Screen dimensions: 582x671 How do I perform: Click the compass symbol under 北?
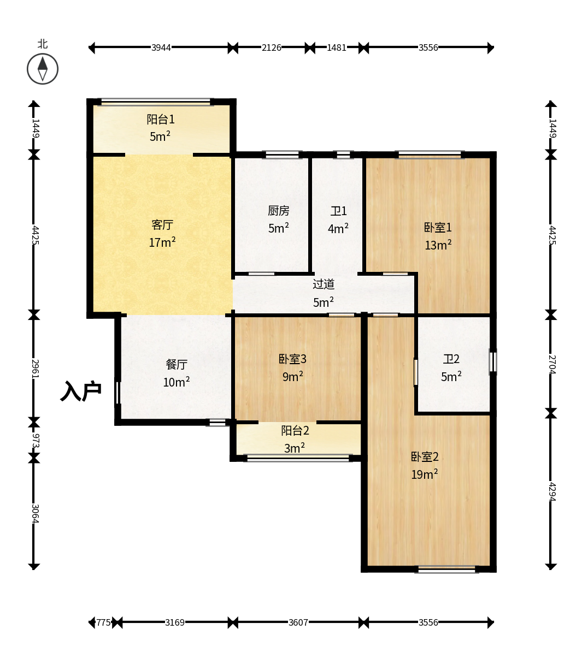pyautogui.click(x=43, y=69)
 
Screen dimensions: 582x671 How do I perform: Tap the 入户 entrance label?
pyautogui.click(x=81, y=391)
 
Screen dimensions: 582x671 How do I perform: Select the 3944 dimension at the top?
pyautogui.click(x=161, y=47)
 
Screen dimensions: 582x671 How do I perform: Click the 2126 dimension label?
pyautogui.click(x=272, y=47)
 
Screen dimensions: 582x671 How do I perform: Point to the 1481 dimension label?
pyautogui.click(x=336, y=47)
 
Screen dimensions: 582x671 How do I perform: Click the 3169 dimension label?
pyautogui.click(x=175, y=622)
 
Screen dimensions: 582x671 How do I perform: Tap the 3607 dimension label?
pyautogui.click(x=298, y=622)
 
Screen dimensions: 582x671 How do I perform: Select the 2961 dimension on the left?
pyautogui.click(x=36, y=369)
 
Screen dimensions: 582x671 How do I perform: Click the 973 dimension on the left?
pyautogui.click(x=36, y=441)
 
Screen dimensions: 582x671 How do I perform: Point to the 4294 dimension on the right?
pyautogui.click(x=552, y=492)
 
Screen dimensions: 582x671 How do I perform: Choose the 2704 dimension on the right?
pyautogui.click(x=552, y=364)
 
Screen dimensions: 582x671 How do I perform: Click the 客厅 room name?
pyautogui.click(x=162, y=224)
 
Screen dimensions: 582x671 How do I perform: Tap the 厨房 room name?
pyautogui.click(x=279, y=211)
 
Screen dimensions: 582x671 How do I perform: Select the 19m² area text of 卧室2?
pyautogui.click(x=425, y=474)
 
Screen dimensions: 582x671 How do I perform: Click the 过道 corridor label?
pyautogui.click(x=324, y=284)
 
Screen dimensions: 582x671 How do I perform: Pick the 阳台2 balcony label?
pyautogui.click(x=295, y=430)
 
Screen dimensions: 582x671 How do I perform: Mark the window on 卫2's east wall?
pyautogui.click(x=493, y=361)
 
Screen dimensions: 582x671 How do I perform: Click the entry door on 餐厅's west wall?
pyautogui.click(x=117, y=393)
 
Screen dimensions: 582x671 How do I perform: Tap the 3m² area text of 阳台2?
pyautogui.click(x=295, y=448)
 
